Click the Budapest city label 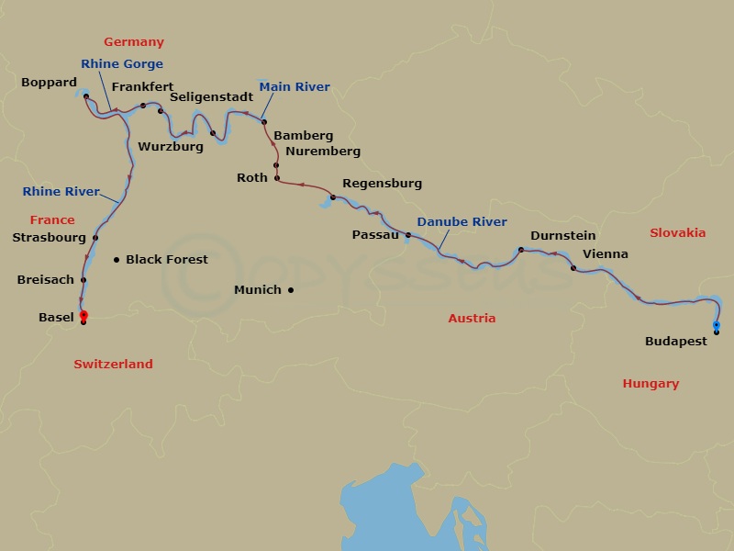point(676,341)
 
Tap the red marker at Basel point(83,315)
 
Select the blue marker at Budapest point(717,325)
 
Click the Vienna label point(606,253)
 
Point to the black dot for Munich point(291,290)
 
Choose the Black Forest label point(167,260)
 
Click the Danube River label point(462,222)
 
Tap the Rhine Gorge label point(122,64)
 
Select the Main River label point(294,87)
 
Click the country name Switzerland point(113,365)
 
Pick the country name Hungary point(650,384)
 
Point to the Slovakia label point(677,233)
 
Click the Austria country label point(472,319)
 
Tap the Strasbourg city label point(49,237)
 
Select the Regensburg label point(382,184)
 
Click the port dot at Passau point(408,235)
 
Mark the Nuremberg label point(323,152)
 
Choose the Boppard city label point(49,83)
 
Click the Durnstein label point(563,234)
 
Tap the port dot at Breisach point(83,280)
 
